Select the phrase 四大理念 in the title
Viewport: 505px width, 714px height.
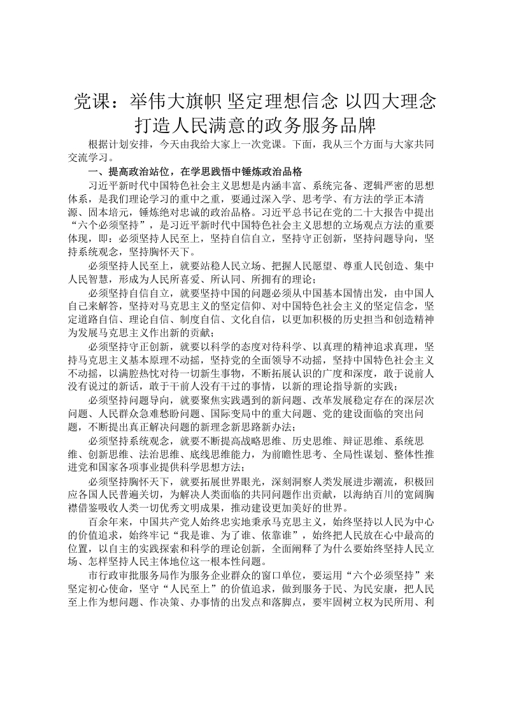401,100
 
